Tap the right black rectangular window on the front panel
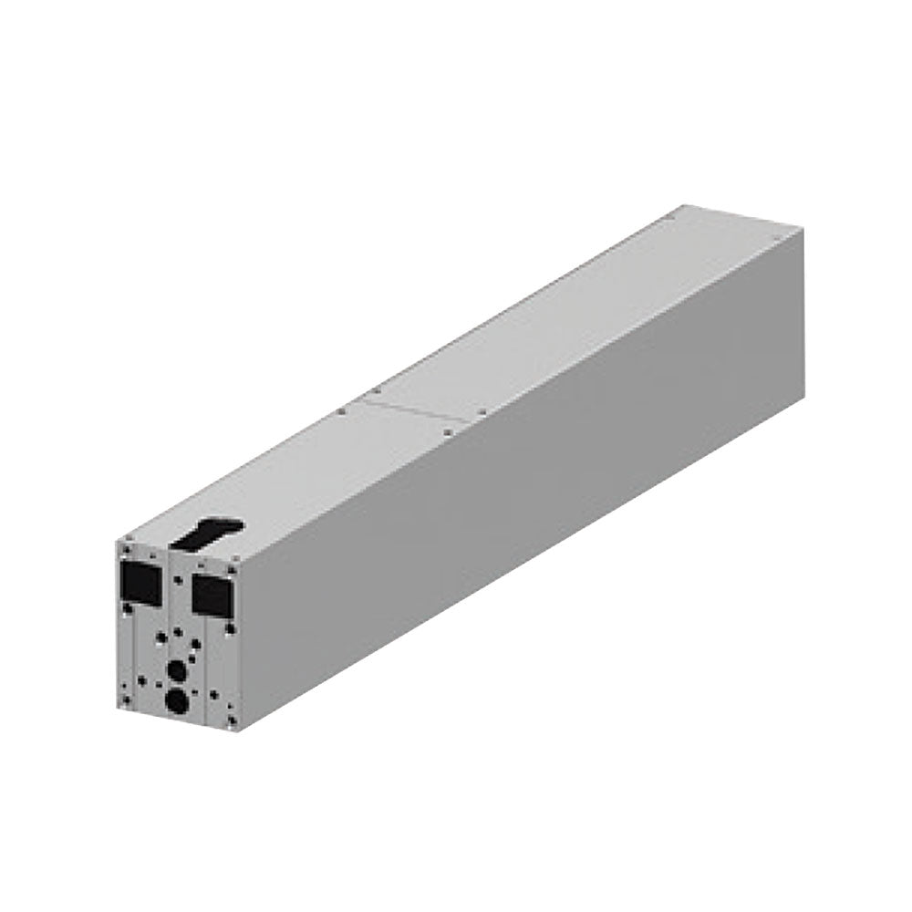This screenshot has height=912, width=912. (x=212, y=595)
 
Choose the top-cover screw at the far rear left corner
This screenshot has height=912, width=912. (x=668, y=219)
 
